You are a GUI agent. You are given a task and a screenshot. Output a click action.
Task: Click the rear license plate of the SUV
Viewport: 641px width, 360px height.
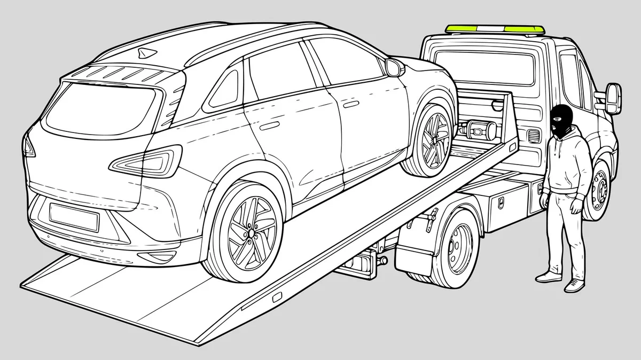click(x=74, y=216)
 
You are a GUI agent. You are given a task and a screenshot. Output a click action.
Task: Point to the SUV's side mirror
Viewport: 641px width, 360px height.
click(x=395, y=67)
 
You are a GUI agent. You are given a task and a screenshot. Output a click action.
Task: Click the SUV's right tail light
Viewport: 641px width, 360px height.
click(x=151, y=160)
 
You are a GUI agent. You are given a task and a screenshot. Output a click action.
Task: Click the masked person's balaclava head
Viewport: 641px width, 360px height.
click(x=560, y=119)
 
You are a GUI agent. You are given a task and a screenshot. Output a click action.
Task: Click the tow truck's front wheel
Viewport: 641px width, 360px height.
click(x=598, y=187)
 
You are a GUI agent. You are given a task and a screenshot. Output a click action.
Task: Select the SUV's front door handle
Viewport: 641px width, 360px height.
click(x=349, y=104)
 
